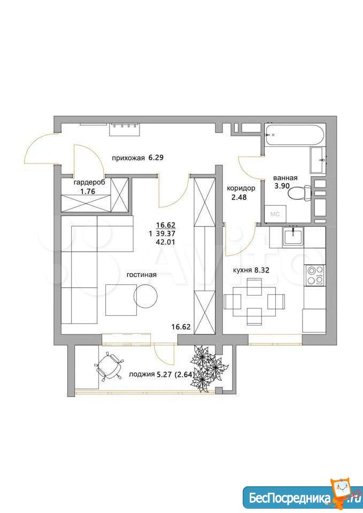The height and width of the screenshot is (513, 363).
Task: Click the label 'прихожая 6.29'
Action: coord(137,158)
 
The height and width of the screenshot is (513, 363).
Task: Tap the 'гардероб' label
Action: coord(89,183)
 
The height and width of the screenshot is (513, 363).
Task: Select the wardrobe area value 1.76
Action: coord(87,191)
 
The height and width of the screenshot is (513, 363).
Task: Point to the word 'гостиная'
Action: coord(141,275)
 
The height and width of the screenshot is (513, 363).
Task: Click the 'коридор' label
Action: coord(241,189)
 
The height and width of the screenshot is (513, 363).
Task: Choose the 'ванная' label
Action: coord(285,178)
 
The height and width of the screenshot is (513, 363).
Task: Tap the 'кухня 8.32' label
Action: coord(251,270)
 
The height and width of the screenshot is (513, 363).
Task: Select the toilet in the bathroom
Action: coord(300,193)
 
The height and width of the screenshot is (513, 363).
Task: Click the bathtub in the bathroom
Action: coord(294,135)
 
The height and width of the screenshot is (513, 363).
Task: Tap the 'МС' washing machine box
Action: coord(275,214)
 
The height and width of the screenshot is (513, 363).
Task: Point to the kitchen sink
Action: coord(294,236)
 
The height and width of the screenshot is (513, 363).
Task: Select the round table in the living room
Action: coord(145,296)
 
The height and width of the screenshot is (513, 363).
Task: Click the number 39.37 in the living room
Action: coord(167,234)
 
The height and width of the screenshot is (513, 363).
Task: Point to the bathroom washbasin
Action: coord(318,160)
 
